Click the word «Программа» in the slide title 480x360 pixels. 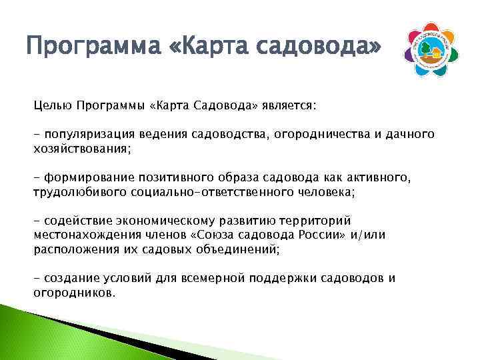[89, 47]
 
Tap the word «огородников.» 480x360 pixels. [75, 293]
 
